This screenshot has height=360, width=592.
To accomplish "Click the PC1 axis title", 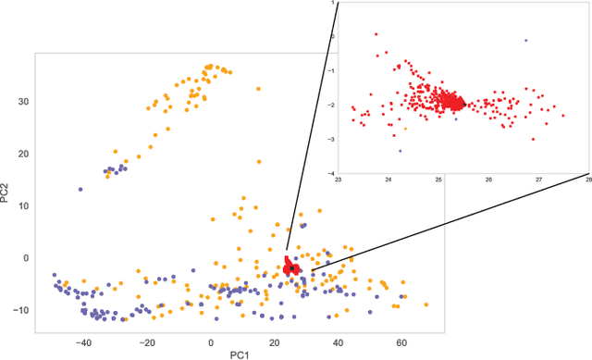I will (x=240, y=354).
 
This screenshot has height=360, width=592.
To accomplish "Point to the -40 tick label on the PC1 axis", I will (x=82, y=341).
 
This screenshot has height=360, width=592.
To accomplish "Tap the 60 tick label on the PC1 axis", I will (x=402, y=341).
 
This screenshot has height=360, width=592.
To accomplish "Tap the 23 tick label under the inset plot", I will (x=339, y=179).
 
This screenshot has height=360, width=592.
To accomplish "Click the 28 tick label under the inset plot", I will (x=587, y=179).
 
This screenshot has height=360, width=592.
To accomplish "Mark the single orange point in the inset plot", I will (x=405, y=129).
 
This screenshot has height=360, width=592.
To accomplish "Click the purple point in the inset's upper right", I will (x=526, y=40).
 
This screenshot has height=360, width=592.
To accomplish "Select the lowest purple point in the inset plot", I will (x=400, y=151).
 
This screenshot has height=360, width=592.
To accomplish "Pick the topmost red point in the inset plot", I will (x=376, y=34).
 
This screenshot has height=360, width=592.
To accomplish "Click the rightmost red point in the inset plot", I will (x=562, y=116).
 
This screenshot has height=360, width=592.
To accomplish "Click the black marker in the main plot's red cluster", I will (x=292, y=267).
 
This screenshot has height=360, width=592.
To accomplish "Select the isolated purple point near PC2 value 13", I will (x=80, y=189).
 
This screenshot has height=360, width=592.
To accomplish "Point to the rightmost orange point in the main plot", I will (x=426, y=304).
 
